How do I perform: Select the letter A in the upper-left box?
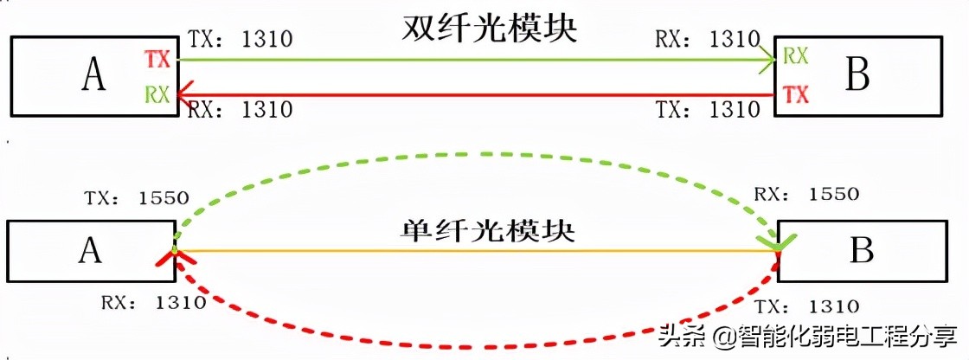pos(93,75)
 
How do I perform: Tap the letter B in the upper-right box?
pos(857,75)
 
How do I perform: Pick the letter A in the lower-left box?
pos(90,250)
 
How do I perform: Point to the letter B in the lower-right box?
pos(862,250)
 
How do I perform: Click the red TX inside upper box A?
pos(157,59)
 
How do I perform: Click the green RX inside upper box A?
pos(157,93)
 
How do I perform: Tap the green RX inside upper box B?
pos(795,57)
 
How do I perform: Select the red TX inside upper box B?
pos(795,94)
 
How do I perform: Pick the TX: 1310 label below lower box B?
pos(806,306)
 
